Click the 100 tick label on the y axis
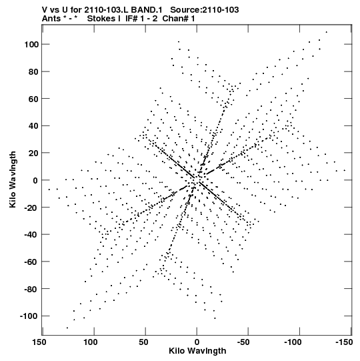(x=31, y=44)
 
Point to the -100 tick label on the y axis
(x=29, y=316)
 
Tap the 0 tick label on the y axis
(x=35, y=180)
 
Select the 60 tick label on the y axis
(x=33, y=99)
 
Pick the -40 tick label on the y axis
(x=31, y=234)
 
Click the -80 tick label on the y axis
(x=31, y=289)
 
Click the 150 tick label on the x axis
(x=39, y=342)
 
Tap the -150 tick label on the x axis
(x=344, y=342)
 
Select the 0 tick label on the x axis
(x=197, y=342)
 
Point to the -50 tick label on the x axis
(x=243, y=342)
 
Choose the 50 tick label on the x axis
(x=143, y=342)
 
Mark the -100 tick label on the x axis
(x=293, y=342)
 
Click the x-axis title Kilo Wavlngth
(x=197, y=351)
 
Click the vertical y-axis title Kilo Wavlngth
(x=13, y=179)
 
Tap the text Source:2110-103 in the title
(x=205, y=9)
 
